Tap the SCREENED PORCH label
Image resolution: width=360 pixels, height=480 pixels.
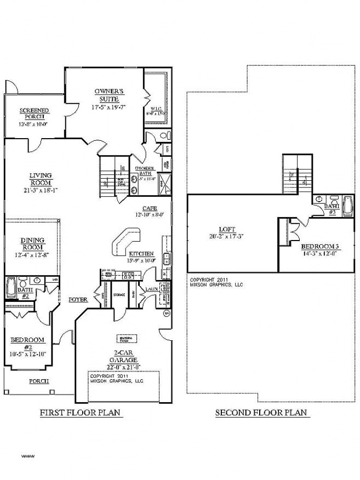(34, 113)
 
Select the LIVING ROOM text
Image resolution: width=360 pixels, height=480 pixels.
(41, 179)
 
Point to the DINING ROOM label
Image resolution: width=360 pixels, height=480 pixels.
(33, 244)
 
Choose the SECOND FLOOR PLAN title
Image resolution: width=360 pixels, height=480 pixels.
(260, 413)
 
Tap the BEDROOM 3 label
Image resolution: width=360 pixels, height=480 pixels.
(307, 246)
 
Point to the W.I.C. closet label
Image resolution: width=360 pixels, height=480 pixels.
(157, 109)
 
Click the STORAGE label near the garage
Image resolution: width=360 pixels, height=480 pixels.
(119, 295)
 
